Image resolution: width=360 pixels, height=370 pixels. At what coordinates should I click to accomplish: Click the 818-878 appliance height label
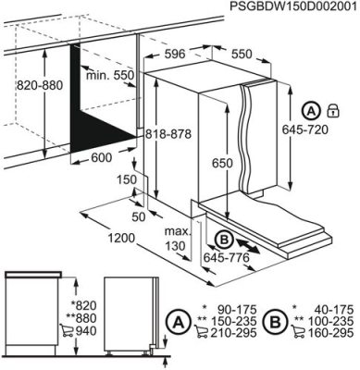click(x=168, y=134)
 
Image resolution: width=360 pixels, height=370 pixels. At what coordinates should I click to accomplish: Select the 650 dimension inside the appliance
click(x=217, y=163)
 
